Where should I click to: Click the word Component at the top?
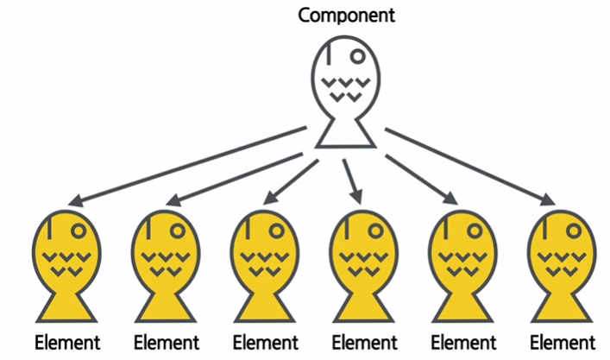345,15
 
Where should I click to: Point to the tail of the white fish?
345,134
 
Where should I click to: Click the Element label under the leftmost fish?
67,342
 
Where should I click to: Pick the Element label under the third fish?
266,342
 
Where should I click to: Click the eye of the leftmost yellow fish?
79,231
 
